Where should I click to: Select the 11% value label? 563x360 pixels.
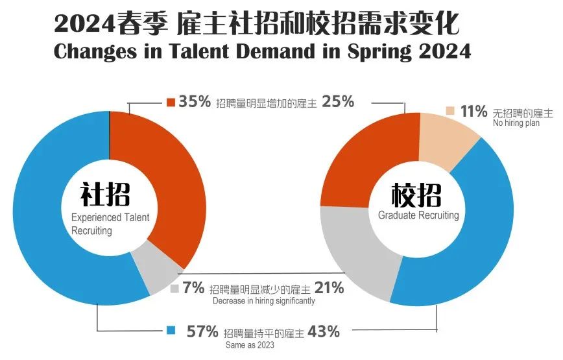point(473,112)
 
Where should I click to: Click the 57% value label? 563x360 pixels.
point(202,331)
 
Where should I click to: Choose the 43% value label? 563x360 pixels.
point(324,331)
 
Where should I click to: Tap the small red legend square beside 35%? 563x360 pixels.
point(171,102)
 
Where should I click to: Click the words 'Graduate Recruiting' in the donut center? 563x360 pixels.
point(418,215)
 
